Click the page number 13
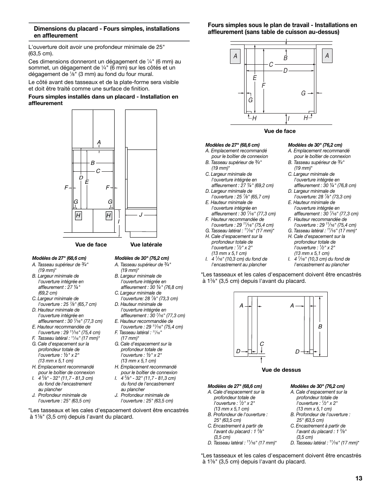359,478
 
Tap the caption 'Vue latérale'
146,244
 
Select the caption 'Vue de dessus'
281,370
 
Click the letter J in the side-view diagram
141,215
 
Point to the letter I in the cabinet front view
119,222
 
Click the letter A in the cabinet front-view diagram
98,142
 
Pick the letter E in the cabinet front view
87,182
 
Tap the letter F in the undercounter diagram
264,86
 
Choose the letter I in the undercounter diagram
289,118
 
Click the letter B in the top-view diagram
320,326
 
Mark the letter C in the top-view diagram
262,344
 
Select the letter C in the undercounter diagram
271,65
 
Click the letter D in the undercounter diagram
285,71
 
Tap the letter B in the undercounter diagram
285,58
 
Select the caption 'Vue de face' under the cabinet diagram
91,244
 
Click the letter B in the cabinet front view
92,163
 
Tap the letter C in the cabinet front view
98,171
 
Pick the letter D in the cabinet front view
81,178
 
